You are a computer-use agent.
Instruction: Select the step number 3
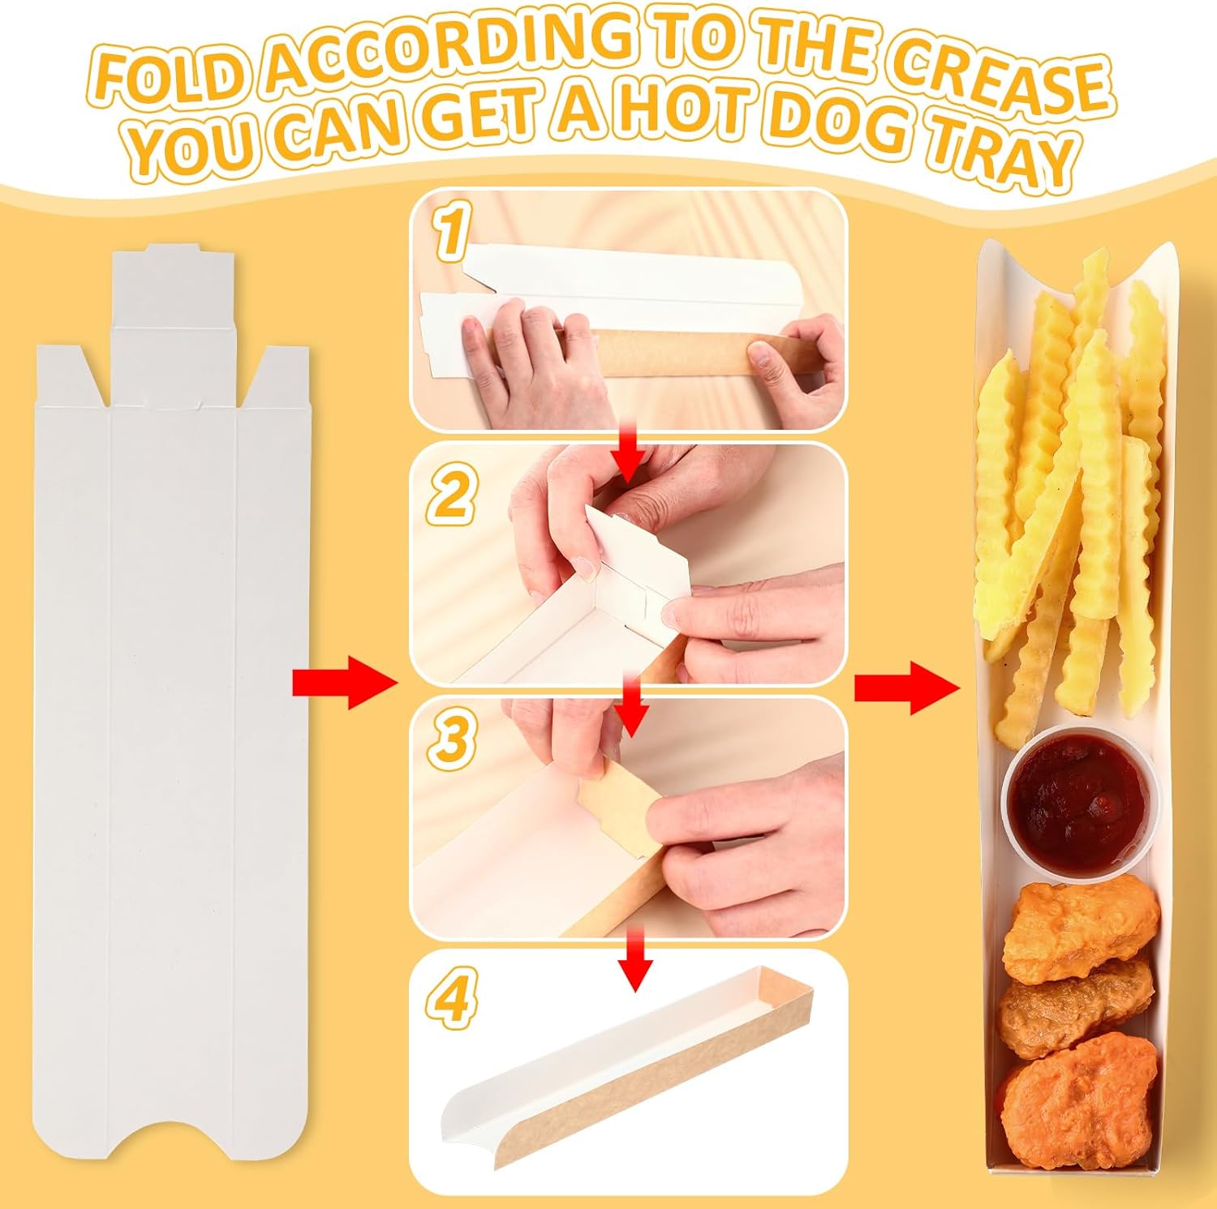point(453,739)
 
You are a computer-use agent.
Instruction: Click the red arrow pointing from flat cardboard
point(344,683)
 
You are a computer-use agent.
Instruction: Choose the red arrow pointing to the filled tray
point(905,688)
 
